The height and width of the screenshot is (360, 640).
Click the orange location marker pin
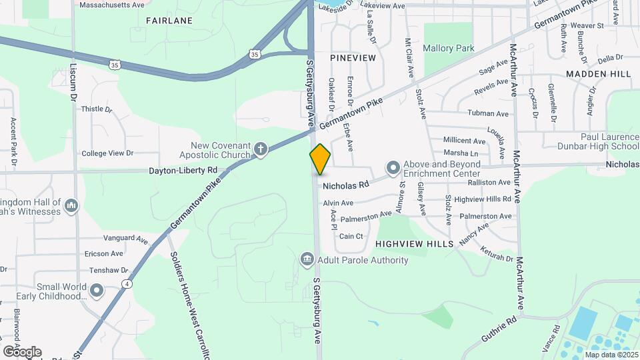point(320,159)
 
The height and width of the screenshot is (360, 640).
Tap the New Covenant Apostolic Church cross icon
point(261,149)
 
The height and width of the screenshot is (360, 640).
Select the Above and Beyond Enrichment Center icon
point(393,167)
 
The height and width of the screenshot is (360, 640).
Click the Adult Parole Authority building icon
point(307,259)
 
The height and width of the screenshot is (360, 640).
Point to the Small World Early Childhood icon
point(97,291)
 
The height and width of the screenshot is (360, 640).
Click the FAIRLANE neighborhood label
point(169,21)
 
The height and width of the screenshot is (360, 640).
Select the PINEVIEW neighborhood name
point(352,58)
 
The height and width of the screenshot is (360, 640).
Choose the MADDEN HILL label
point(597,73)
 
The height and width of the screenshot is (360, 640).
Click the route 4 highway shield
point(127,284)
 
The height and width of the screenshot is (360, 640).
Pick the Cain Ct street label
point(351,236)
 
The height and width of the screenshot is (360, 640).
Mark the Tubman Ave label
point(488,113)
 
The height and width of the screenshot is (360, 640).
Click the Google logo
point(22,352)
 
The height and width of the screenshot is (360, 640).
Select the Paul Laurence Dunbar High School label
point(591,141)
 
